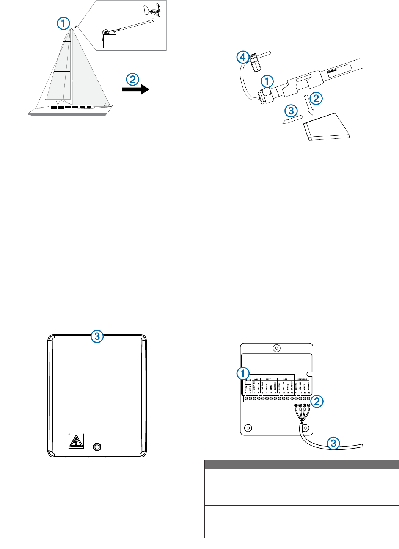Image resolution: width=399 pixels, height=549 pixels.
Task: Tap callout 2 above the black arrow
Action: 132,79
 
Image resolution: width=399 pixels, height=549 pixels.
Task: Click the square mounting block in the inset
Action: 110,41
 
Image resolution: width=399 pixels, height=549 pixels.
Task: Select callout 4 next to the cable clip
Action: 243,58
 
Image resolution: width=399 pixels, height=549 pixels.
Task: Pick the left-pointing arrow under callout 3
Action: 291,120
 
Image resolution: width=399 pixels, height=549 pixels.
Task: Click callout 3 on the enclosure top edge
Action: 97,336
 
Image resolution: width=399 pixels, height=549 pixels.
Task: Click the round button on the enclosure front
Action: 97,447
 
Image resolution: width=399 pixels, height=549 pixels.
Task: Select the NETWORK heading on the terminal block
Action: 302,379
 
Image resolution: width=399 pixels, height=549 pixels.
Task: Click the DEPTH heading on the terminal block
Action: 269,379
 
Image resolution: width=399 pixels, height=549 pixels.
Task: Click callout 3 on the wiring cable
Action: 333,443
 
